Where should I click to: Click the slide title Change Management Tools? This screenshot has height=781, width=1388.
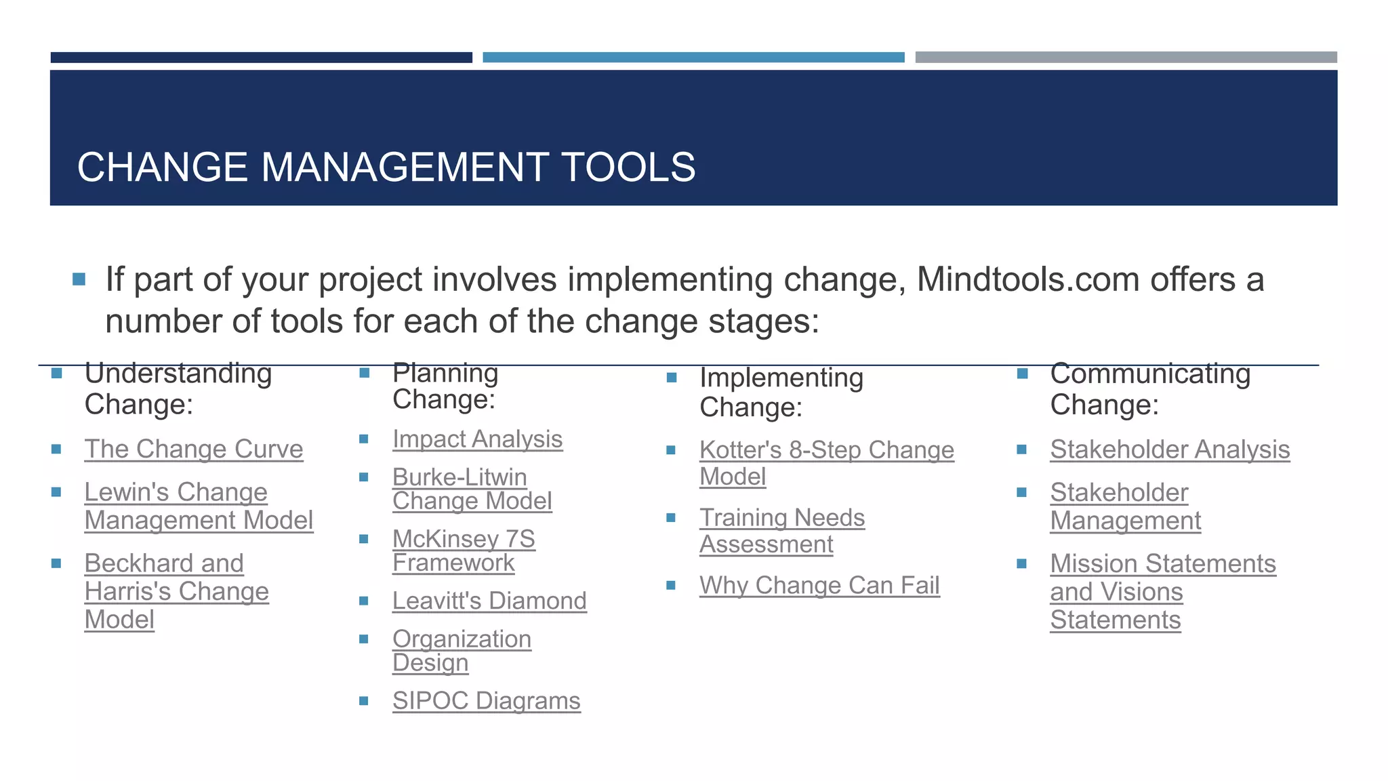pos(386,167)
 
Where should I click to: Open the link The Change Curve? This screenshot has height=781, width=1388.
pos(194,449)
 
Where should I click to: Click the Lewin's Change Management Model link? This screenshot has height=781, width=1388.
pos(198,506)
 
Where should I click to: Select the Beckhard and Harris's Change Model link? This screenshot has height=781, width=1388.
pos(176,591)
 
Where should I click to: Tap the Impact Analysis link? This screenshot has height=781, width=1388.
pos(477,439)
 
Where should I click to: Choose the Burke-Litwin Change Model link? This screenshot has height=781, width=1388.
pos(472,489)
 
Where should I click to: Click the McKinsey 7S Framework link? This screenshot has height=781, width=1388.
pos(464,551)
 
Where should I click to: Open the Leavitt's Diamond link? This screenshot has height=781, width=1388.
pos(489,601)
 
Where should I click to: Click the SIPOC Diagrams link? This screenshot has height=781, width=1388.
pos(486,701)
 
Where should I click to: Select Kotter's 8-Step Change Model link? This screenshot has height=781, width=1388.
pos(826,463)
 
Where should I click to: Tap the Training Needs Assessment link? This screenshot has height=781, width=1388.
pos(781,531)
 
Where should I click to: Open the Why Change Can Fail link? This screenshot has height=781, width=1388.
pos(819,586)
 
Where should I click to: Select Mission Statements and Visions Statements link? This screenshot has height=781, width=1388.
pos(1162,592)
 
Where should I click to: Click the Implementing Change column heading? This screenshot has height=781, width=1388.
pos(781,393)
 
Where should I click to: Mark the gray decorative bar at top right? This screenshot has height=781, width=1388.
pos(1126,57)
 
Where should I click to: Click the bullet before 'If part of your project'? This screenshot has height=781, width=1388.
pos(79,279)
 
